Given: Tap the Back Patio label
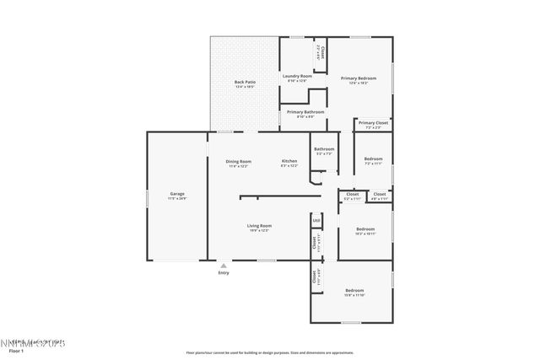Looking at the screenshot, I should pyautogui.click(x=245, y=82).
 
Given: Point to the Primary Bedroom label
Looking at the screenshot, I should pyautogui.click(x=359, y=78).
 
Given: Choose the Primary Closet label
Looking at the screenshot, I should pyautogui.click(x=373, y=123).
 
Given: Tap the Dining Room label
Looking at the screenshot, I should pyautogui.click(x=238, y=161).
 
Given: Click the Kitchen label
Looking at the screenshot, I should pyautogui.click(x=289, y=161).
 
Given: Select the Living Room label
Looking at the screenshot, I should pyautogui.click(x=259, y=226).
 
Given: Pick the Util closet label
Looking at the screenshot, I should pyautogui.click(x=316, y=221).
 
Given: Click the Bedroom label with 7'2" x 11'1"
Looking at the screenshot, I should pyautogui.click(x=373, y=159).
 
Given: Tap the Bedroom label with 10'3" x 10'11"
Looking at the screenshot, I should pyautogui.click(x=365, y=229).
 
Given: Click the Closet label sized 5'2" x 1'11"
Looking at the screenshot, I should pyautogui.click(x=352, y=195).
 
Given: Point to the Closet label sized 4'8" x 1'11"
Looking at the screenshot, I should pyautogui.click(x=380, y=195).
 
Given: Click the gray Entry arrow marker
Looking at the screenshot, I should pyautogui.click(x=224, y=265).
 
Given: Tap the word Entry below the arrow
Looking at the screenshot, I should pyautogui.click(x=224, y=272).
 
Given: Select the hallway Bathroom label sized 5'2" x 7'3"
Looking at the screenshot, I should pyautogui.click(x=324, y=149).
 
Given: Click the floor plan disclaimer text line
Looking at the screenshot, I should pyautogui.click(x=270, y=352).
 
